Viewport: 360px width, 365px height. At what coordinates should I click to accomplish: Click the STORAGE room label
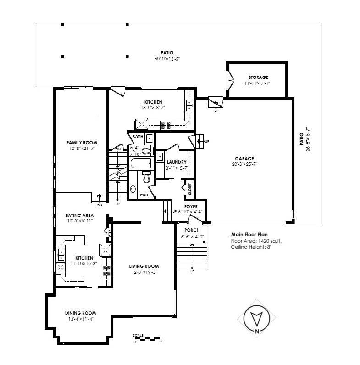coord(258,77)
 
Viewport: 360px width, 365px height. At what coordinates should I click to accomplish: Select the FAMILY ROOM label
coord(82,143)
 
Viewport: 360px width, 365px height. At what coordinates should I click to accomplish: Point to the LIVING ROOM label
coord(144,266)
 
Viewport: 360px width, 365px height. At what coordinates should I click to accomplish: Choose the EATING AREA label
coord(80,215)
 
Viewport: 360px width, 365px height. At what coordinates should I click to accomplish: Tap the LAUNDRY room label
coord(176,162)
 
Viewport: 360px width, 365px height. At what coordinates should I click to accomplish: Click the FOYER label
coord(191,207)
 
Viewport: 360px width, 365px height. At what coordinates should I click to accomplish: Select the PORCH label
coord(191,230)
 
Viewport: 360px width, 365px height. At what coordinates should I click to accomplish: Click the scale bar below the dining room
coord(146,339)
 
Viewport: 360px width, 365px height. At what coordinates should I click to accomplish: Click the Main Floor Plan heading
coord(249,234)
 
